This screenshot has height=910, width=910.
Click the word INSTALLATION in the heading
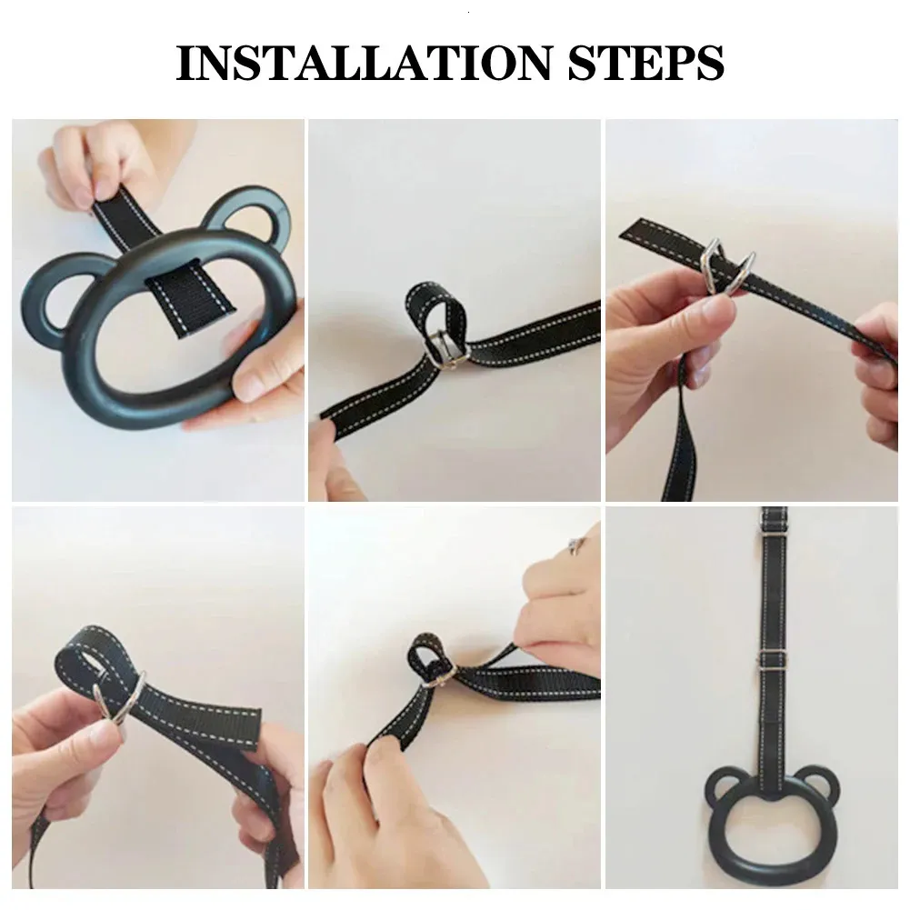(364, 62)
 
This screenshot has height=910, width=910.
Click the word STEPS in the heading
(646, 62)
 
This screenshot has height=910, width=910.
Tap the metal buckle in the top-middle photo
(445, 347)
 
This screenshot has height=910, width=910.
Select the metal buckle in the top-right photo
(729, 267)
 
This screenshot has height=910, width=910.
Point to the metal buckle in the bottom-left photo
(120, 697)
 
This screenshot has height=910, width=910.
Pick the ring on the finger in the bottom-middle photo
(576, 545)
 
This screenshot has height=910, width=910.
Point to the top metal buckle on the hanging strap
(775, 527)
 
